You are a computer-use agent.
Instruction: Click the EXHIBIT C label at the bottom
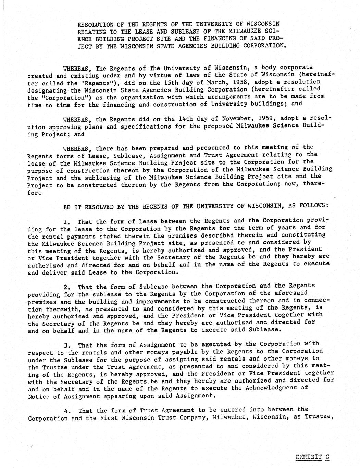click(x=312, y=457)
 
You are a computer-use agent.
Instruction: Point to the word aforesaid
click(x=291, y=293)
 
